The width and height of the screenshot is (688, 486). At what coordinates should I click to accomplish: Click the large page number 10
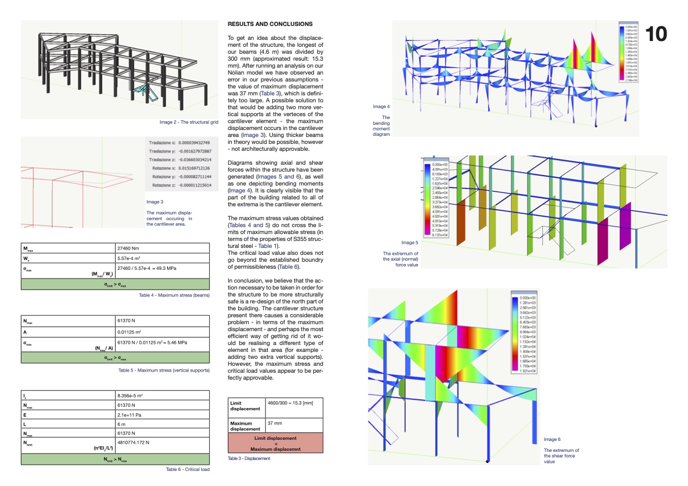click(656, 34)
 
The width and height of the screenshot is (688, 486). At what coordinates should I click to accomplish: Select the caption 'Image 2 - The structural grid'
click(189, 123)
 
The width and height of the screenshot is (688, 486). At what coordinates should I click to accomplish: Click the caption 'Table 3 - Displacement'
click(249, 458)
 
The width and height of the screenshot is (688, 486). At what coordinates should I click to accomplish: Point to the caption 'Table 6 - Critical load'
click(187, 469)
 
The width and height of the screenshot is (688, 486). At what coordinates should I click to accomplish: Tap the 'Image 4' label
click(381, 106)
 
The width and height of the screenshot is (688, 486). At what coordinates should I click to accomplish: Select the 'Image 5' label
click(409, 243)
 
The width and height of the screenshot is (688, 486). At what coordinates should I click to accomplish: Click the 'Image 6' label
click(552, 440)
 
